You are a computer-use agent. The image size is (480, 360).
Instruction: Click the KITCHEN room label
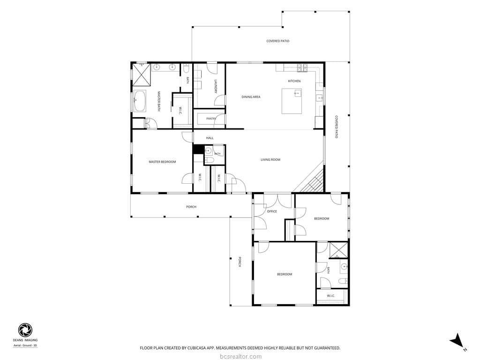[x=294, y=81]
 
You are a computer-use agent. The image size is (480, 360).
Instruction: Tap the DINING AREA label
[x=251, y=97]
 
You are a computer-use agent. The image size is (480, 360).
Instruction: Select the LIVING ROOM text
[x=270, y=160]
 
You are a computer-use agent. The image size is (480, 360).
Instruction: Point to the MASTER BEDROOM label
[x=162, y=162]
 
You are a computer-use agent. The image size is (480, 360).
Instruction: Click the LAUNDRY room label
[x=216, y=87]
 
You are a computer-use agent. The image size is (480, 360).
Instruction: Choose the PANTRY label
[x=211, y=119]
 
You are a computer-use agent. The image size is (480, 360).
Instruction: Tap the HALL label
[x=210, y=138]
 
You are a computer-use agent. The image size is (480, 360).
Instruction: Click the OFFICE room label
[x=272, y=211]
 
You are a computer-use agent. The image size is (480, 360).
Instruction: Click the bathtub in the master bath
[x=140, y=101]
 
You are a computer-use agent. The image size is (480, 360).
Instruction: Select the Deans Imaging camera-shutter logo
[x=25, y=330]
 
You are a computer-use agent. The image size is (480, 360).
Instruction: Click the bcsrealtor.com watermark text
[x=241, y=357]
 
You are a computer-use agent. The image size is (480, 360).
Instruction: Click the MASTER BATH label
[x=159, y=101]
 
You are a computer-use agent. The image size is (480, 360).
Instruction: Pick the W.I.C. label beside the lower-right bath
[x=330, y=296]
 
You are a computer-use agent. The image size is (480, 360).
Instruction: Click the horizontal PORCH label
[x=191, y=207]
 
